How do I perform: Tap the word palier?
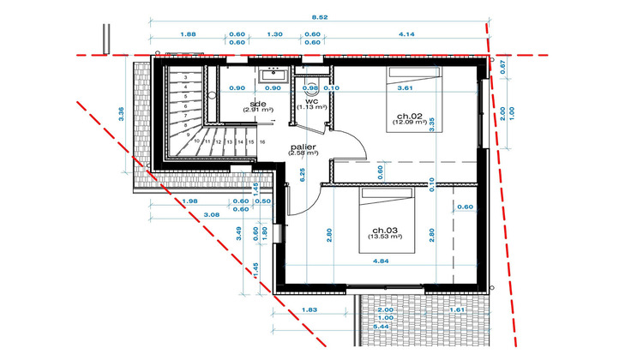303,147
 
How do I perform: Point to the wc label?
312,100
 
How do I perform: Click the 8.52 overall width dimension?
319,16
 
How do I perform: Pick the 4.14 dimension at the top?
408,33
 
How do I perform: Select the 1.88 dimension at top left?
188,33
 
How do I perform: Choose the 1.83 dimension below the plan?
311,308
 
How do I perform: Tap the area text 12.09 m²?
409,122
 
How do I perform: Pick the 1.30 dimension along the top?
274,33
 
